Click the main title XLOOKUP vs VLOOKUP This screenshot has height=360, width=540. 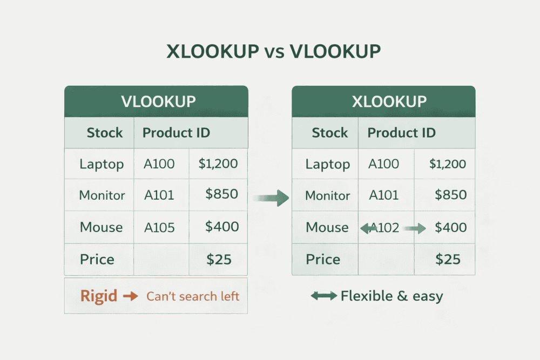273,51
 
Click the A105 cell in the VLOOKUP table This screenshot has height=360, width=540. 159,227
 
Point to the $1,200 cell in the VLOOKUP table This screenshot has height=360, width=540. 218,164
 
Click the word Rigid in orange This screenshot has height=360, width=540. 99,296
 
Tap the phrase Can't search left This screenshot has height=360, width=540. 193,296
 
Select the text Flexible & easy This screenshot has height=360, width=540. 391,296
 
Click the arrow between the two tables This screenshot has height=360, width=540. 271,198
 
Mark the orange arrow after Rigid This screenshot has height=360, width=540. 131,296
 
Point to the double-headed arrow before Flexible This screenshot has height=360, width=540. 323,296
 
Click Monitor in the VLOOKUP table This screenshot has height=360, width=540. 102,195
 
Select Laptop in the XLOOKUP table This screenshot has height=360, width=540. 328,164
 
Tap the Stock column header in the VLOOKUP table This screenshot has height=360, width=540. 105,133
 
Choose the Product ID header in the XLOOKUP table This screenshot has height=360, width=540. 401,133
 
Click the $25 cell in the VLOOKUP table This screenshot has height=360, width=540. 219,260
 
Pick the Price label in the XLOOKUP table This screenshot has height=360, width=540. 323,260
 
